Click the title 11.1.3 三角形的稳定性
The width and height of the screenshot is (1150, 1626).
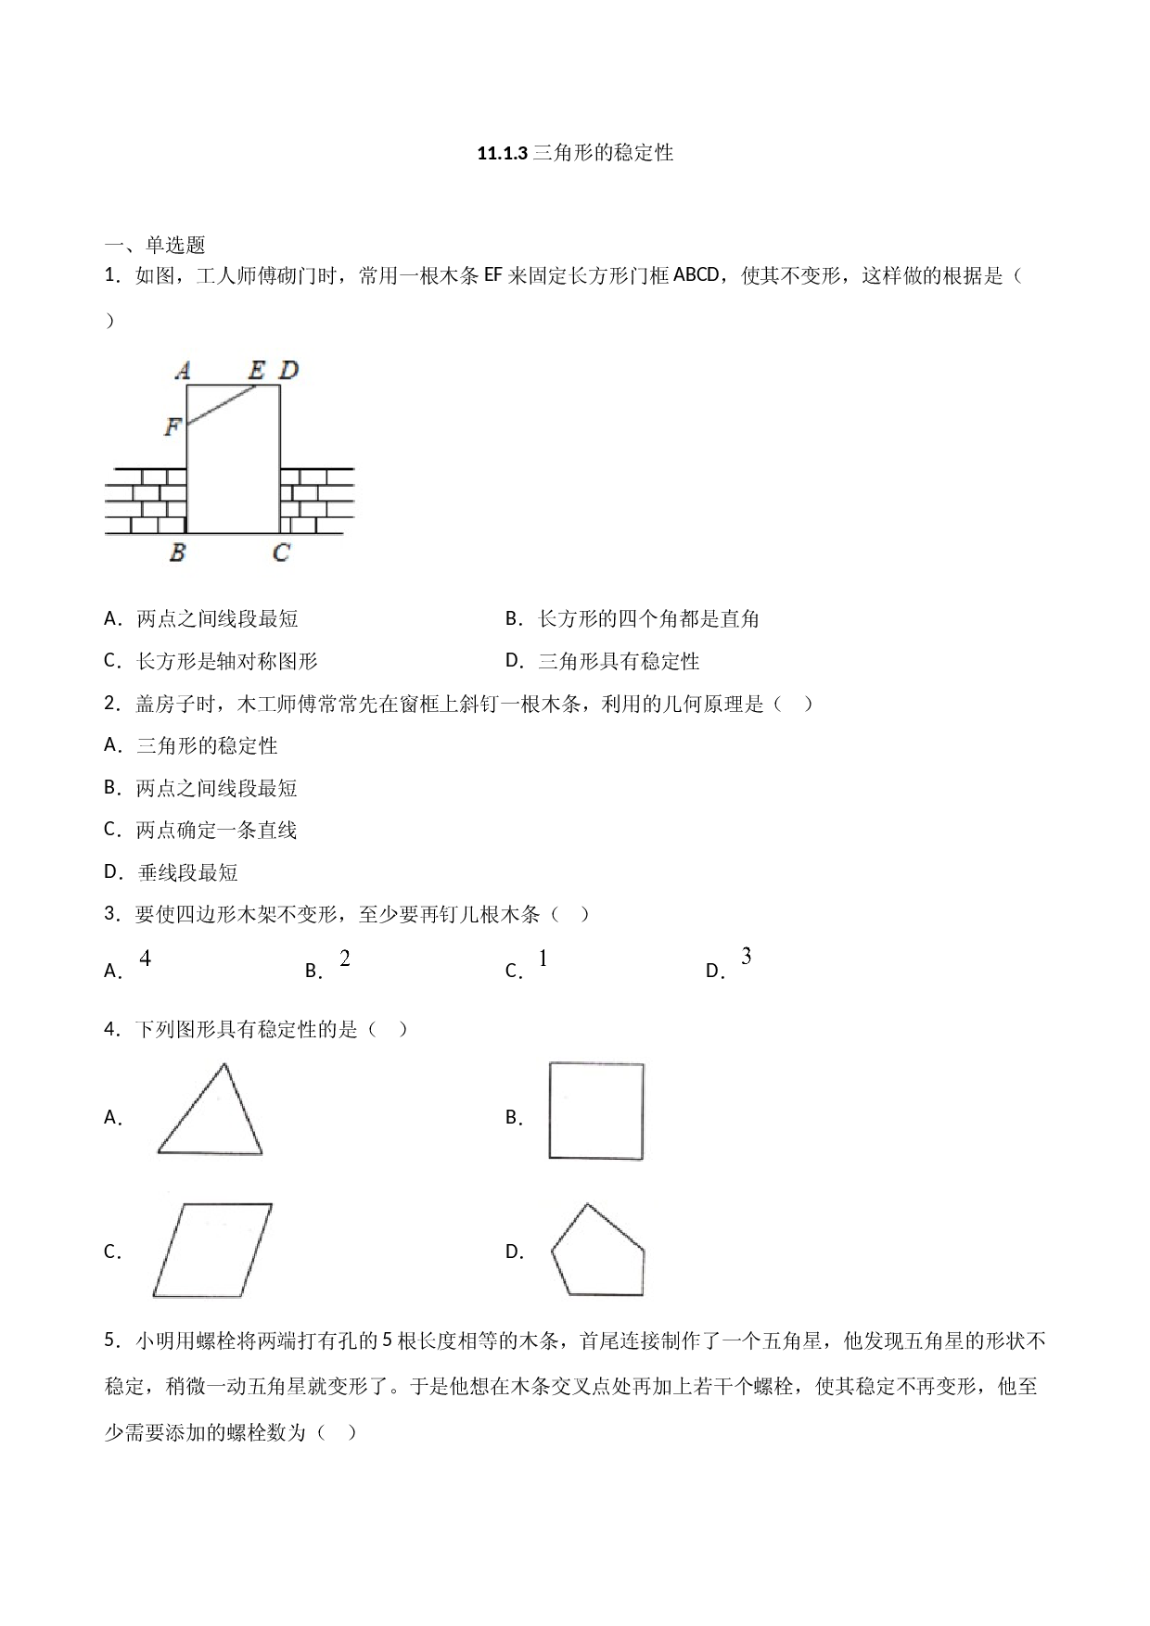pyautogui.click(x=575, y=153)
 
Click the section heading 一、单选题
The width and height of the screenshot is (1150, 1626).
pyautogui.click(x=155, y=245)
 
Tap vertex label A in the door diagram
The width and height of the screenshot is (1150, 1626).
pyautogui.click(x=183, y=371)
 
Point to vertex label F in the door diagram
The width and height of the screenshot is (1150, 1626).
pyautogui.click(x=172, y=426)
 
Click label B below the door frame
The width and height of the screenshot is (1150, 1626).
pyautogui.click(x=177, y=553)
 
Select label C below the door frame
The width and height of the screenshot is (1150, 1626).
pyautogui.click(x=281, y=553)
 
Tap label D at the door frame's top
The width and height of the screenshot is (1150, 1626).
pyautogui.click(x=288, y=371)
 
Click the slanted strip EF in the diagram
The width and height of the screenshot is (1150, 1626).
pyautogui.click(x=222, y=405)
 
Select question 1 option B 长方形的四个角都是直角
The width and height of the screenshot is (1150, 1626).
pyautogui.click(x=632, y=618)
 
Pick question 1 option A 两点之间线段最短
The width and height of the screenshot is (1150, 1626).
pyautogui.click(x=201, y=618)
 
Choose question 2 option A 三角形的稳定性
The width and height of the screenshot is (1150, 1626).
pyautogui.click(x=191, y=745)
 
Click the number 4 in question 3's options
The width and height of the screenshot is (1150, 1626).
pyautogui.click(x=146, y=959)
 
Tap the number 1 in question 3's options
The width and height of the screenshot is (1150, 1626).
pyautogui.click(x=543, y=959)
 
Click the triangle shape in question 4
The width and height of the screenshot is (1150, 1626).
pyautogui.click(x=211, y=1110)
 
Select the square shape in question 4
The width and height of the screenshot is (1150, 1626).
pyautogui.click(x=596, y=1111)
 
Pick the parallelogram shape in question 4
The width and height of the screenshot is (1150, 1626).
pyautogui.click(x=212, y=1250)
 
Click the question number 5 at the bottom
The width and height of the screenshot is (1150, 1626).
pyautogui.click(x=110, y=1340)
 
